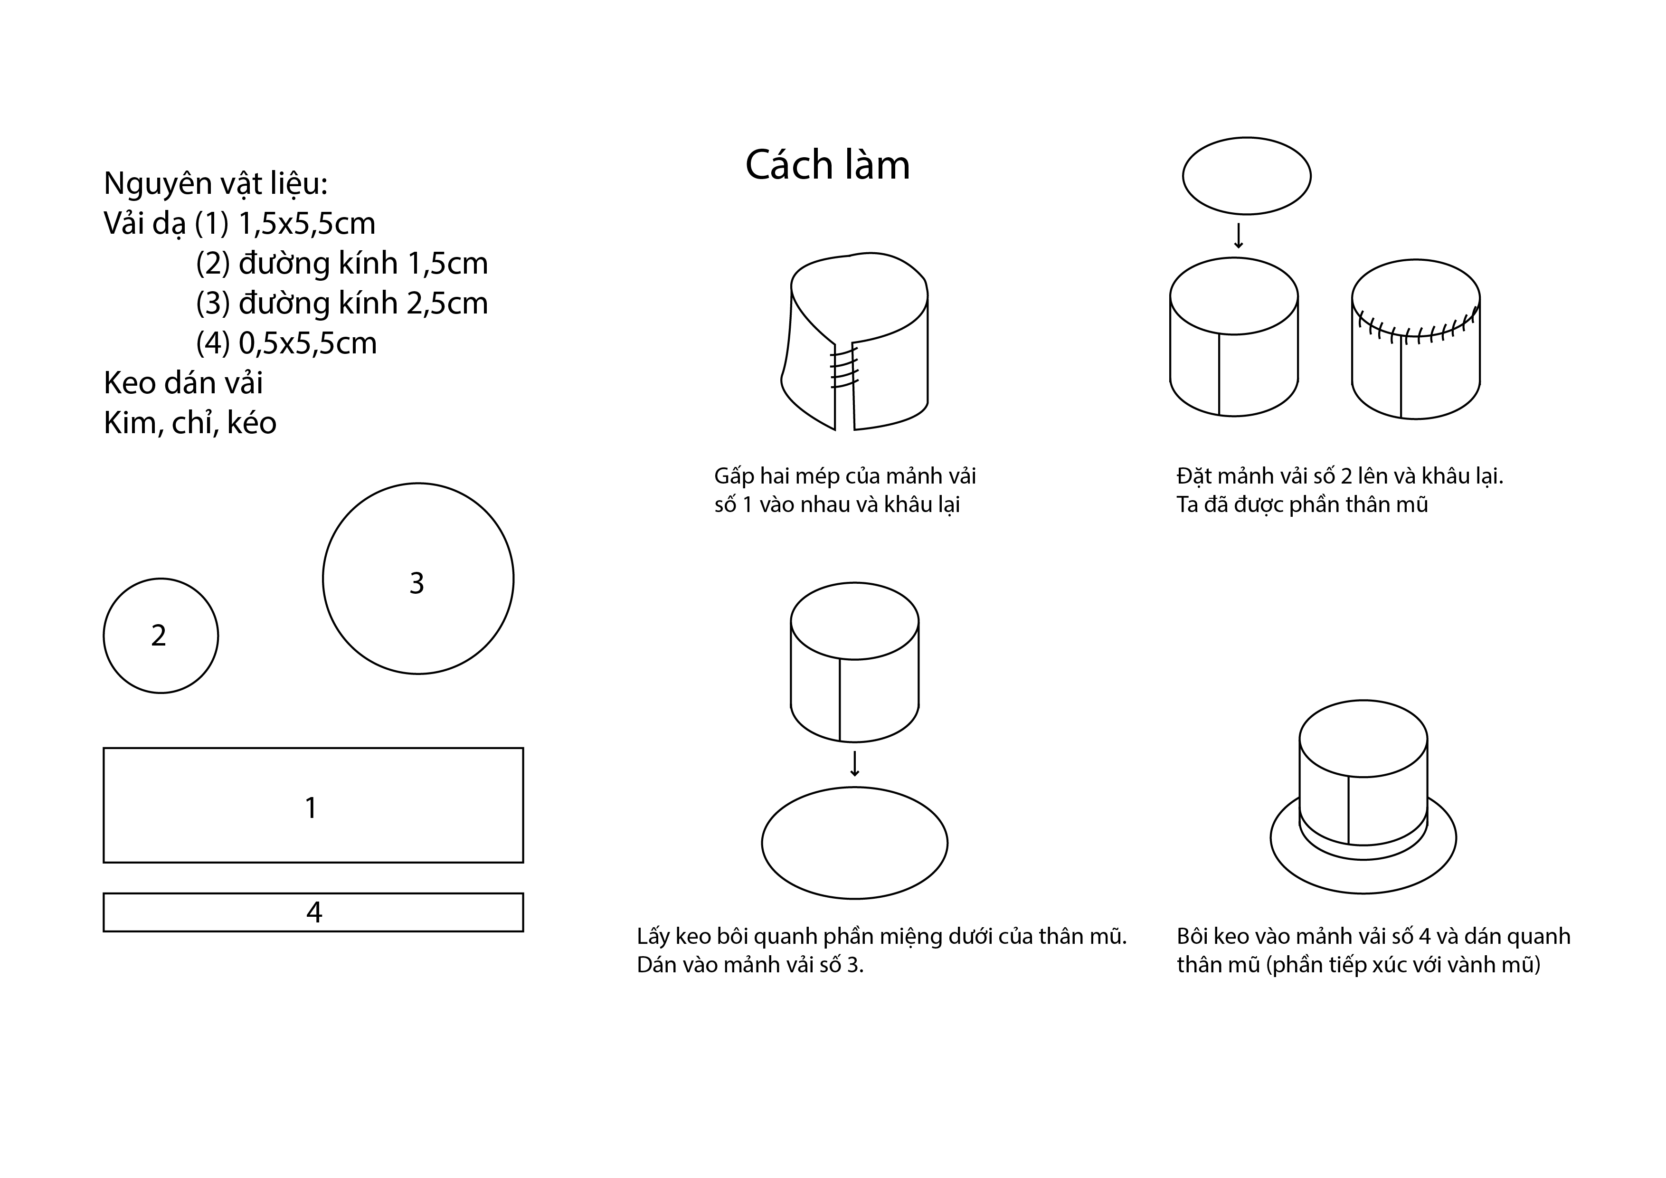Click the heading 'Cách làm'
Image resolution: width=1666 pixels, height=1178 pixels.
[x=827, y=165]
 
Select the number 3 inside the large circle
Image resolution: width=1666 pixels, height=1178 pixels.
[x=416, y=583]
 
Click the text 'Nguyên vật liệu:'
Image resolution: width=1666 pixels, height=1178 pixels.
[x=216, y=184]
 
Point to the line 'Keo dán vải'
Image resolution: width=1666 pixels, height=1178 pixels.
[x=184, y=382]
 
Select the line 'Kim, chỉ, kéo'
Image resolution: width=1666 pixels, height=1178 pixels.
[x=190, y=422]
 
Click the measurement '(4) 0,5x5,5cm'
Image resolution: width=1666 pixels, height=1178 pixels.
[x=287, y=342]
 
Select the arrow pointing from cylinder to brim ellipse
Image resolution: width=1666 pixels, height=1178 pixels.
[x=855, y=763]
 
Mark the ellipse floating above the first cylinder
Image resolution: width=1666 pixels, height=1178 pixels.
[x=1247, y=176]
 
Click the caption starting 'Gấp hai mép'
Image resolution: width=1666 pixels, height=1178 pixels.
[x=845, y=490]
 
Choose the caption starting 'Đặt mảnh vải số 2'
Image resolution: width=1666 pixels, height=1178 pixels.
[x=1339, y=490]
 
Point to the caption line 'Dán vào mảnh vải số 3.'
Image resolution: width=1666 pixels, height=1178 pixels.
[x=750, y=965]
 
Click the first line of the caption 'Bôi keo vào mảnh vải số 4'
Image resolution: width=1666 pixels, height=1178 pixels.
[x=1373, y=936]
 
